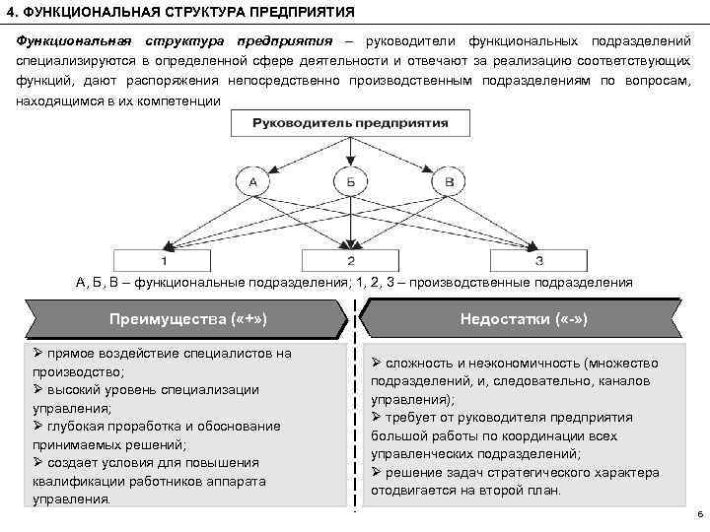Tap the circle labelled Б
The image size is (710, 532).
click(x=351, y=182)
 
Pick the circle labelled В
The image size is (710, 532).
click(x=450, y=182)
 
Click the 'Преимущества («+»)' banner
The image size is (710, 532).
click(x=187, y=319)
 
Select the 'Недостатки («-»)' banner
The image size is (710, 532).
click(x=524, y=319)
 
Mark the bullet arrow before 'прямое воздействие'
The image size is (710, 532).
click(x=37, y=353)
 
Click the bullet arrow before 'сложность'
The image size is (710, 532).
click(x=377, y=363)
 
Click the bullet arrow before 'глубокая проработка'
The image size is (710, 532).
click(x=37, y=426)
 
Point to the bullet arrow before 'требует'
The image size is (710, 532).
click(x=377, y=418)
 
